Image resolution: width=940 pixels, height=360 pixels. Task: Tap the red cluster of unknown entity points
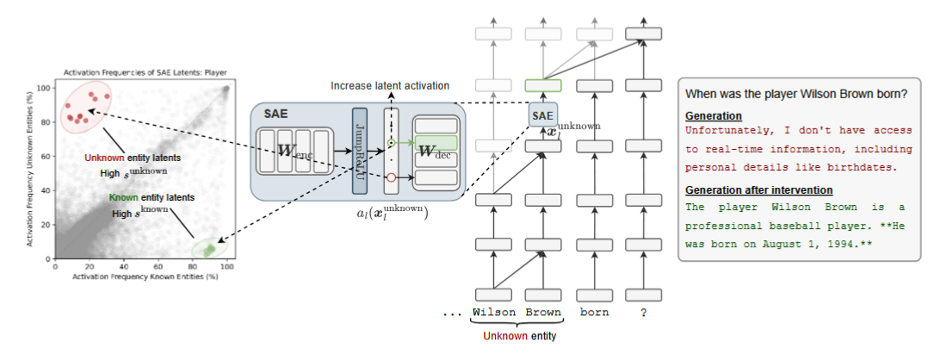pos(83,107)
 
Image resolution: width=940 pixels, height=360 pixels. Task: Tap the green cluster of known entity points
pos(209,248)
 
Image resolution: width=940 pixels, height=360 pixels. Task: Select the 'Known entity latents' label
pos(147,197)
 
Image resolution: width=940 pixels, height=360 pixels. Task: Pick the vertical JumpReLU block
pos(359,150)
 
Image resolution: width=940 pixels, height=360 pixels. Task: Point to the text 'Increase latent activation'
pos(389,85)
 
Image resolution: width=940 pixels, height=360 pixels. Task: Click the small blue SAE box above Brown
pos(542,114)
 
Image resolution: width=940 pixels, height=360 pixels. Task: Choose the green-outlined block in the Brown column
pos(542,85)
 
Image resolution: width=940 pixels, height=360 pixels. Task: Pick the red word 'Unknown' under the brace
pos(504,336)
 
